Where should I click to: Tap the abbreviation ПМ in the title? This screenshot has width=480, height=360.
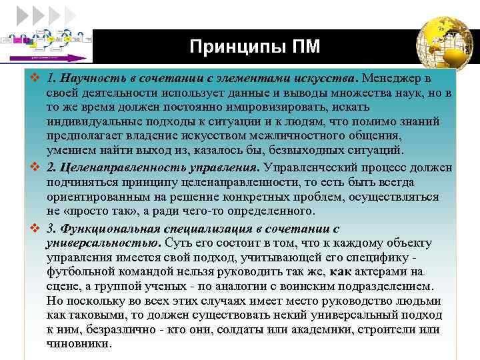(305, 47)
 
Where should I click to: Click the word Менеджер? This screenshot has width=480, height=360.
(395, 79)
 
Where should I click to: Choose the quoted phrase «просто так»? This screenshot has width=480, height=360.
(93, 211)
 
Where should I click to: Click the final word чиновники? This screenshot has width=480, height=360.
(78, 344)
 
